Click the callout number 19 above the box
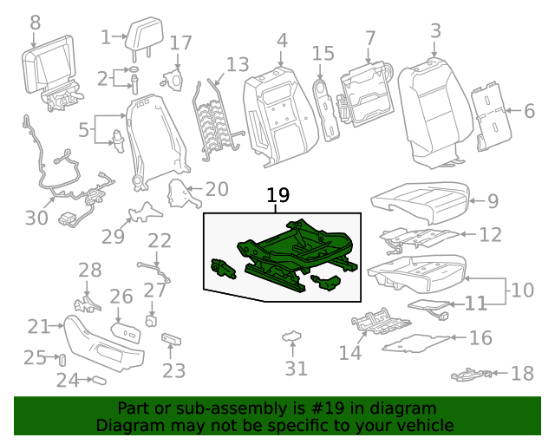click(277, 197)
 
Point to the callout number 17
click(180, 43)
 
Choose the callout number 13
click(237, 65)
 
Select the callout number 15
click(323, 55)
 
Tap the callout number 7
click(370, 39)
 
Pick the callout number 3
click(435, 32)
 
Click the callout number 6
click(529, 110)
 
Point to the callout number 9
click(493, 201)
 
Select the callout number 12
click(490, 234)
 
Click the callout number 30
click(36, 217)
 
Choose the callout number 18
click(522, 374)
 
